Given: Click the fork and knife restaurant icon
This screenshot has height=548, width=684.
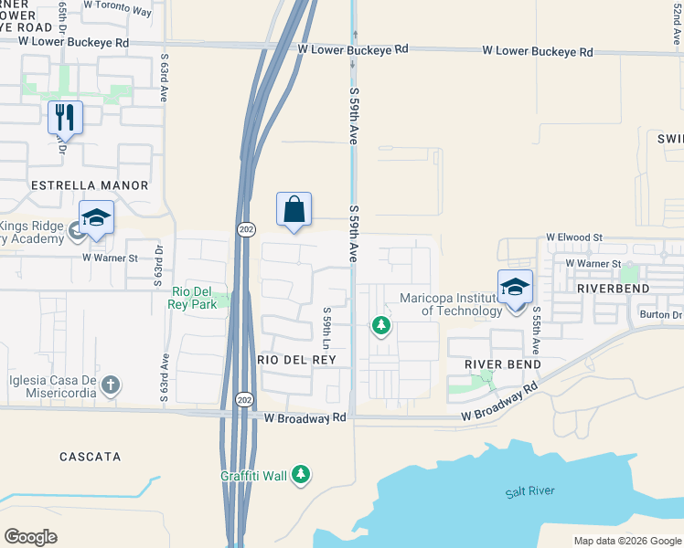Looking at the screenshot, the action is pos(65,117).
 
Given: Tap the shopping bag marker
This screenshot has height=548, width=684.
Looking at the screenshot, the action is pos(294,209).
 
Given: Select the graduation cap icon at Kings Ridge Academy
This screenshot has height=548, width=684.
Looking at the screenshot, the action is pos(96,217).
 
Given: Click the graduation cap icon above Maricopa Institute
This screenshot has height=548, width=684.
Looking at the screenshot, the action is pos(515,286).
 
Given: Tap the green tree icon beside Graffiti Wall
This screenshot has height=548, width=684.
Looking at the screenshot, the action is pos(302,474).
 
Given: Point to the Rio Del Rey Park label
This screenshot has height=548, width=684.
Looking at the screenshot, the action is pos(195,298).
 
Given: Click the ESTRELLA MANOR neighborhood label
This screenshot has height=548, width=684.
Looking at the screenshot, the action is pos(90,185).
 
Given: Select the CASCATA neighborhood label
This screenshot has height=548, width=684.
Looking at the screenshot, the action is pos(90,456).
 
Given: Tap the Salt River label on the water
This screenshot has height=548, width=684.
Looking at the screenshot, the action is pos(529,492).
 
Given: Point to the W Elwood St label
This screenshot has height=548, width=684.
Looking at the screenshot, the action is pos(574,237).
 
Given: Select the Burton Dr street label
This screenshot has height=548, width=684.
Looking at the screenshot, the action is pos(660,315).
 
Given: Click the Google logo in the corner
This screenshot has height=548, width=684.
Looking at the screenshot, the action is pos(31,537).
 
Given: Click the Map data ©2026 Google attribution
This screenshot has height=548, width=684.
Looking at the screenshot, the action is pos(626,541).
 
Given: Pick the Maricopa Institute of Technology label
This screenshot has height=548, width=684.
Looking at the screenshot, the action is pos(451,304).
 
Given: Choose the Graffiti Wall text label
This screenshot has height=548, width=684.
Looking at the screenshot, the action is pos(254,476).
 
